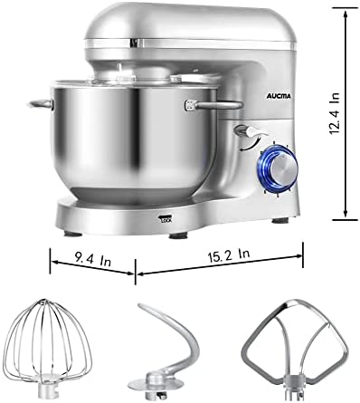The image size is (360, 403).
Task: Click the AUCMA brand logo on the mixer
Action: (x=279, y=96)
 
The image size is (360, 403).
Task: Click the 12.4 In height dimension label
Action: (x=335, y=113)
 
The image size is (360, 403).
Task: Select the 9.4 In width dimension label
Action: (x=93, y=259)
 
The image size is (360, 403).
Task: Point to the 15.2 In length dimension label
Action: (x=228, y=255)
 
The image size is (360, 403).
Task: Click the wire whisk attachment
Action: (x=48, y=348)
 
